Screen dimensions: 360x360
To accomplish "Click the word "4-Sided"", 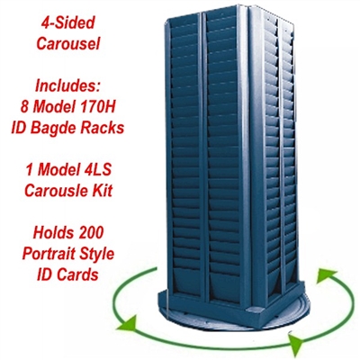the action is pos(67,22).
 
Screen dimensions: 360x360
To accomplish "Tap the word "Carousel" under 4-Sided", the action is pos(67,44).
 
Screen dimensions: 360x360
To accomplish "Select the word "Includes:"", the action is pos(67,85).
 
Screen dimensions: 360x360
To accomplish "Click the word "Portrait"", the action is pos(45,254).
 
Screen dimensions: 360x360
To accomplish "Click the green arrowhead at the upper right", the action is pos(326,276).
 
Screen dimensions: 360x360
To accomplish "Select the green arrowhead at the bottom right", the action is pos(295,340).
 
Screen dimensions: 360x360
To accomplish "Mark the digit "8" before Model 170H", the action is pos(24,107).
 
